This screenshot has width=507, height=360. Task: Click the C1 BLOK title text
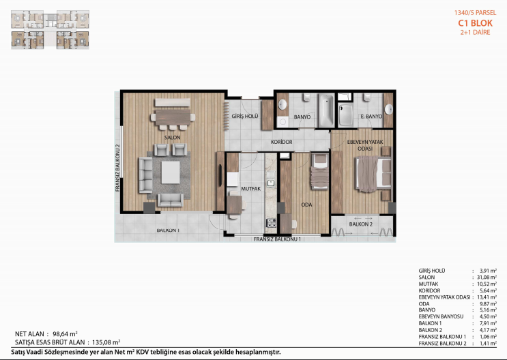475,23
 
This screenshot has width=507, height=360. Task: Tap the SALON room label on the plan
173,138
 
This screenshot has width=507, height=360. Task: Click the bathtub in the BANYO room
326,110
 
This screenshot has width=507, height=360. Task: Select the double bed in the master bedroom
373,174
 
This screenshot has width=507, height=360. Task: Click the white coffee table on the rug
171,172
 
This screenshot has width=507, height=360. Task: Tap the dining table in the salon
173,117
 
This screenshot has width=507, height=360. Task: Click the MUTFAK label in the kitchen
251,189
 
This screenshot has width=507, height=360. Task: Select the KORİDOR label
282,142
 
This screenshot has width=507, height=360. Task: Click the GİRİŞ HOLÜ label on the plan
245,116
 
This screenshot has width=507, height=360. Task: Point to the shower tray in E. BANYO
346,115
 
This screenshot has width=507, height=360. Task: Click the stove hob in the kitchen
271,223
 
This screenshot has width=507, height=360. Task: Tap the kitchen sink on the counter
271,183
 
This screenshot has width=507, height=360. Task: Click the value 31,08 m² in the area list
487,277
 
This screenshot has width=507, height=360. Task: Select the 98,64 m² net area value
65,334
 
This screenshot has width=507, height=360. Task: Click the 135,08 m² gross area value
106,342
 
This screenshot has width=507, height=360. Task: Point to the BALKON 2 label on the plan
361,224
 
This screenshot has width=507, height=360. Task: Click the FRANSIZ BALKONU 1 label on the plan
277,239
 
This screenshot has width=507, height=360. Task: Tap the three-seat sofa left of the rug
145,175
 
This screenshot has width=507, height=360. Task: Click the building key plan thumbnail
50,29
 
